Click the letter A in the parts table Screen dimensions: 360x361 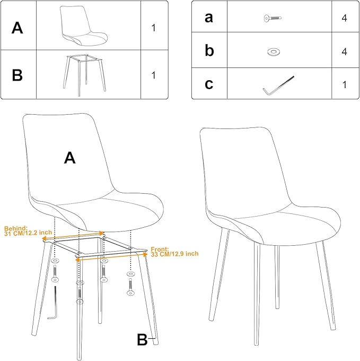(17, 28)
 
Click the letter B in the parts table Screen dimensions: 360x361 (17, 75)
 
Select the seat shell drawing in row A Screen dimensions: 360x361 (84, 25)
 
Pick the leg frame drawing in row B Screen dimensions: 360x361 (84, 75)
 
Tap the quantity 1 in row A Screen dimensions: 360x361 (154, 28)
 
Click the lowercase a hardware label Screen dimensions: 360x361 (209, 18)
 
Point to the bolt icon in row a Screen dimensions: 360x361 (273, 18)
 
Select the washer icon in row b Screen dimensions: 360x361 (273, 51)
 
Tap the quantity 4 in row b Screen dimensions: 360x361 (344, 52)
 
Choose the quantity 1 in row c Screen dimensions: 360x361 (345, 85)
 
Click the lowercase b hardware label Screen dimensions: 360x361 (209, 50)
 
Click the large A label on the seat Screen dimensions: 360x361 (69, 158)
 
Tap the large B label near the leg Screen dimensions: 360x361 (142, 340)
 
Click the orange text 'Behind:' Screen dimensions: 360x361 (16, 228)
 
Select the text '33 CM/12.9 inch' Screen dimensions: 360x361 (175, 254)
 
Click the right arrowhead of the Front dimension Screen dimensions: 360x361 (145, 254)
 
